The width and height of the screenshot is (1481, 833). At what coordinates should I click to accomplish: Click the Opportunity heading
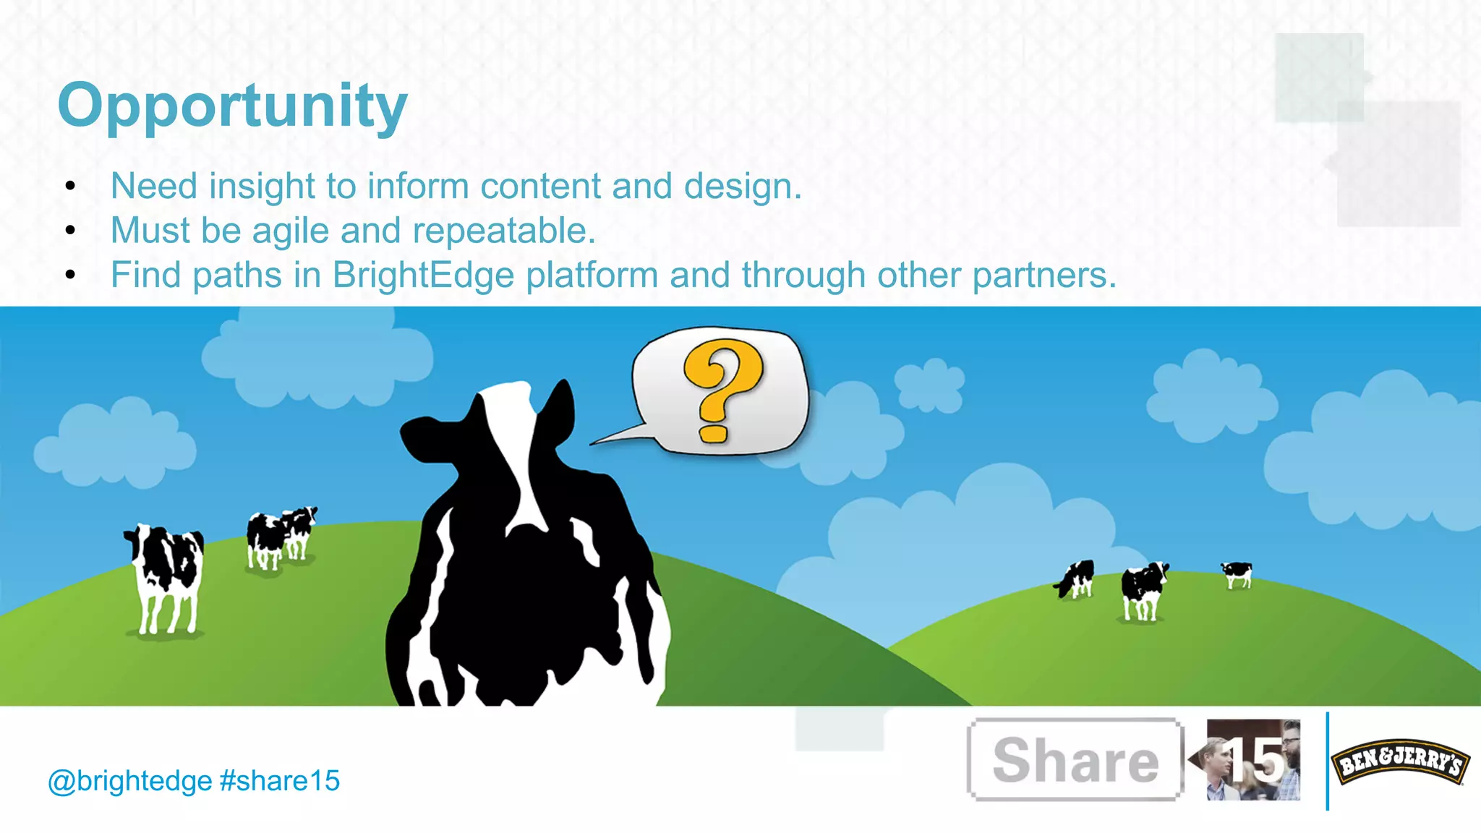(232, 106)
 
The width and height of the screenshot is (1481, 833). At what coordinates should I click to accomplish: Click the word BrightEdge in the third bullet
(423, 275)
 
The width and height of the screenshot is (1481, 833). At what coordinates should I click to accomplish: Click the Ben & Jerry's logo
(1399, 761)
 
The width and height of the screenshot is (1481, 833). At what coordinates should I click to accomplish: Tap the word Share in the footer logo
(1075, 761)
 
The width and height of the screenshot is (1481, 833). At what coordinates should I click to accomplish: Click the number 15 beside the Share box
(1257, 761)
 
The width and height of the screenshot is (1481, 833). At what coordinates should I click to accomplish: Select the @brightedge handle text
(130, 781)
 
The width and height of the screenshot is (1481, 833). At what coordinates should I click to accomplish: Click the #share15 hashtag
(279, 781)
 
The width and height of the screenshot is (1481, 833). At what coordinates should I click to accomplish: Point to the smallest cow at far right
(1237, 574)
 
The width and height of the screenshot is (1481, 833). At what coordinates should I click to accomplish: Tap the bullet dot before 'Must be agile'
(70, 231)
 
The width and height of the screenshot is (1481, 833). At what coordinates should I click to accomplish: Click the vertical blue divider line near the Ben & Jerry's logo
(1327, 761)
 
